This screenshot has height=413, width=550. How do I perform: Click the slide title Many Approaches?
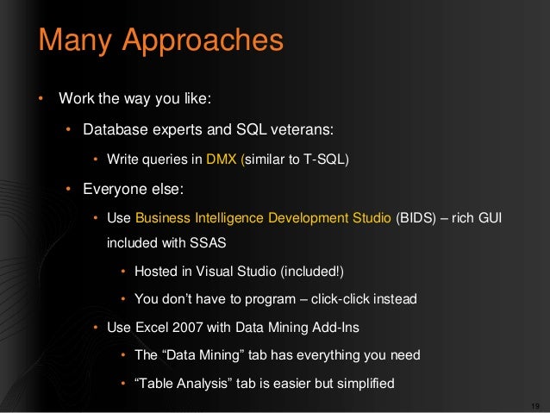point(160,41)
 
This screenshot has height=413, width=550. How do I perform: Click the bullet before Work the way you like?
point(40,97)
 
